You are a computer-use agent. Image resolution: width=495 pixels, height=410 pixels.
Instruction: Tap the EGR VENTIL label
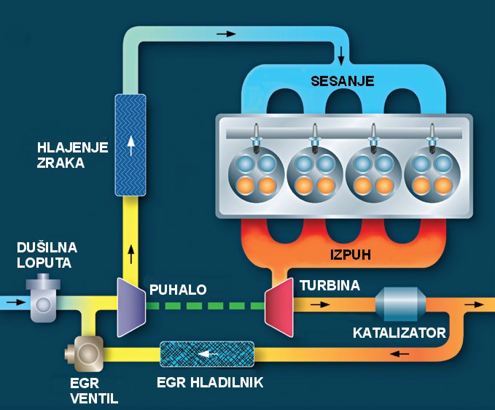tap(93, 390)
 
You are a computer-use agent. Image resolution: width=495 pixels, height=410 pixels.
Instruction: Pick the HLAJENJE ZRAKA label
tap(62, 155)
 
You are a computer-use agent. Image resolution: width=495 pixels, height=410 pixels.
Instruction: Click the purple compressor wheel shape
tap(130, 307)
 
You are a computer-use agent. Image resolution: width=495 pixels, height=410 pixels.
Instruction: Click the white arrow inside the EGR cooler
tap(208, 355)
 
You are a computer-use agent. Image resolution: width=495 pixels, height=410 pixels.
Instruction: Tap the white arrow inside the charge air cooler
tap(130, 147)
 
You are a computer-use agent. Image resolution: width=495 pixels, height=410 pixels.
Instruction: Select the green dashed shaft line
tap(203, 306)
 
